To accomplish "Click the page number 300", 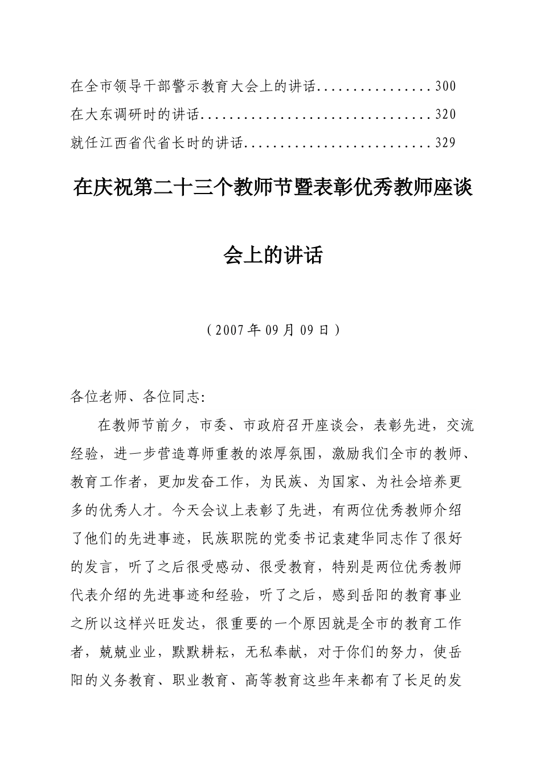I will [x=445, y=87].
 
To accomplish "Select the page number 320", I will [x=445, y=114].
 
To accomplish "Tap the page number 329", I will [x=445, y=142].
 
